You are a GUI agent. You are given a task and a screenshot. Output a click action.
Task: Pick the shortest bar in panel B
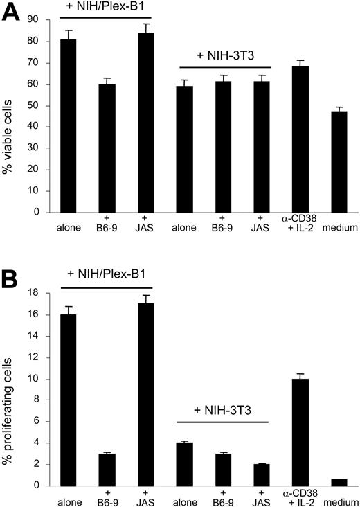(339, 482)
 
